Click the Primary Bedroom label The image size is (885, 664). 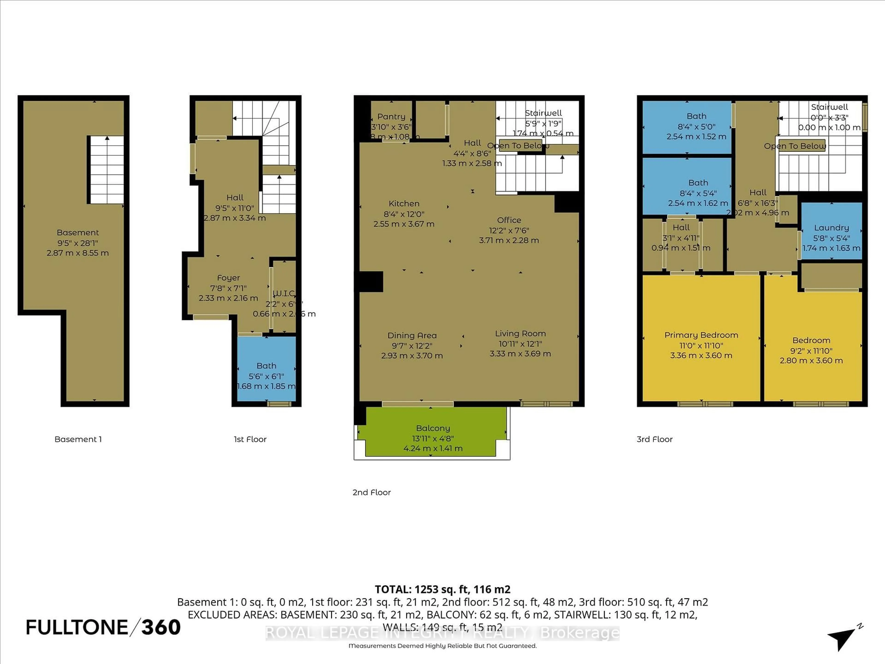701,335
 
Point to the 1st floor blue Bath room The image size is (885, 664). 266,370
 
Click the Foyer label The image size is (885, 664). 228,278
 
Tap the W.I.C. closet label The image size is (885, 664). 284,293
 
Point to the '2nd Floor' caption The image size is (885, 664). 371,492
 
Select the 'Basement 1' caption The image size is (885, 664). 78,439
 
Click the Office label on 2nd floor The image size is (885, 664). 509,220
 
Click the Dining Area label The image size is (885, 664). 412,335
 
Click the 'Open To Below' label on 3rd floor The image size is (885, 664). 795,146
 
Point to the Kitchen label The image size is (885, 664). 404,203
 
